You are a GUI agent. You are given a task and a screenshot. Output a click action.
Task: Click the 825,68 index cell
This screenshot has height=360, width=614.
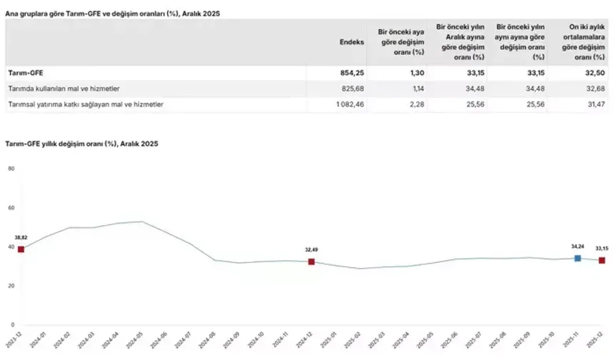coord(353,88)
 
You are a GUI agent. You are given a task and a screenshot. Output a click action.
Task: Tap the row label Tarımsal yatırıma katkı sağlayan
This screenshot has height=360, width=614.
coord(85,104)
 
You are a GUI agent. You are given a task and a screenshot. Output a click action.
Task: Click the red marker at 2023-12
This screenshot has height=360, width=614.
coord(21,249)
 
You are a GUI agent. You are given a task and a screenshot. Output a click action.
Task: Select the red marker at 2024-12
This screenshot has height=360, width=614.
coord(311,262)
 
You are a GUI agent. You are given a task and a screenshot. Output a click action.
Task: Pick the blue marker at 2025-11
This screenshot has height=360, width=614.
coord(578,258)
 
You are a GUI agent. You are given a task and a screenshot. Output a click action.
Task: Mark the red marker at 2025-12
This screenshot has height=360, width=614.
coord(602,261)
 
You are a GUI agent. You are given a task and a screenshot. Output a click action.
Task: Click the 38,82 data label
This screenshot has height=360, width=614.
coord(21,237)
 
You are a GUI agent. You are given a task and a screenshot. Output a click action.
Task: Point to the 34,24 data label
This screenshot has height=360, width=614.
coord(578,246)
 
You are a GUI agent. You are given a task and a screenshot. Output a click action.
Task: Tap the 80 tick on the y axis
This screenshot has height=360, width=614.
coord(11,169)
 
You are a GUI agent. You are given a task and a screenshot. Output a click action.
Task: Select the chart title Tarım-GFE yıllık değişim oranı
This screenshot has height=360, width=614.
coord(83,144)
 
